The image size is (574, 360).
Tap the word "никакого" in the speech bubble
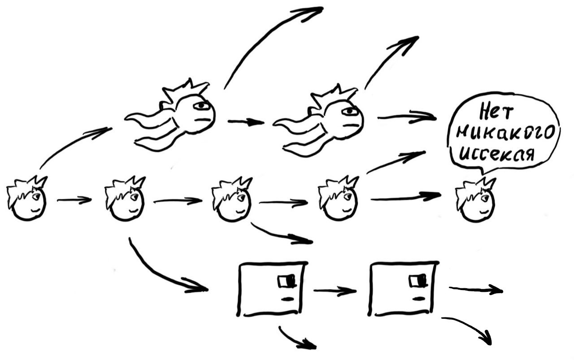pos(504,133)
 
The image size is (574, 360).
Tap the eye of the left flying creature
pos(202,106)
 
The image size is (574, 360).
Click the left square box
pos(272,288)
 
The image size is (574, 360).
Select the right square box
pos(402,288)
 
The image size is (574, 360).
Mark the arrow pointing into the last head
pos(406,197)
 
